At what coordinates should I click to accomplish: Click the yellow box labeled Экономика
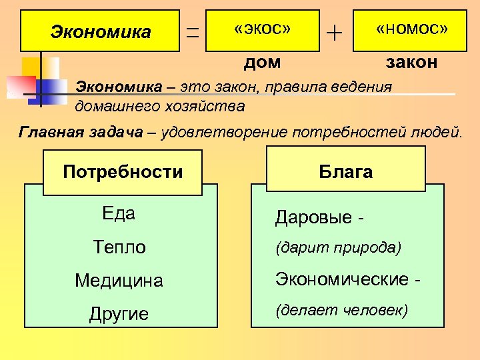coord(101,31)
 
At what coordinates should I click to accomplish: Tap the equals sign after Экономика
coord(193,31)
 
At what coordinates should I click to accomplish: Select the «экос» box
coord(263,31)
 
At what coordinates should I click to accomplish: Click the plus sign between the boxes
coord(335,31)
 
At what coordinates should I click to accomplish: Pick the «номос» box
coord(410,31)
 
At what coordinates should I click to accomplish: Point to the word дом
coord(262,63)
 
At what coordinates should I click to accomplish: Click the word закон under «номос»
coord(412,63)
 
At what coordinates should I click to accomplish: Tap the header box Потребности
coord(123,172)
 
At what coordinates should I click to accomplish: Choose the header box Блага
coord(345,172)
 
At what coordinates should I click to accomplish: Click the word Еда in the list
coord(119,213)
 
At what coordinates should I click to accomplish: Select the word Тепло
coord(119,247)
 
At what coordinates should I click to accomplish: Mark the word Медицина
coord(119,281)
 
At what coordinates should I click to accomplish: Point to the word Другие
coord(119,314)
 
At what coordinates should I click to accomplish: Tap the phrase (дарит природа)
coord(338,248)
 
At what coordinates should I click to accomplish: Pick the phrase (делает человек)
coord(341,310)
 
